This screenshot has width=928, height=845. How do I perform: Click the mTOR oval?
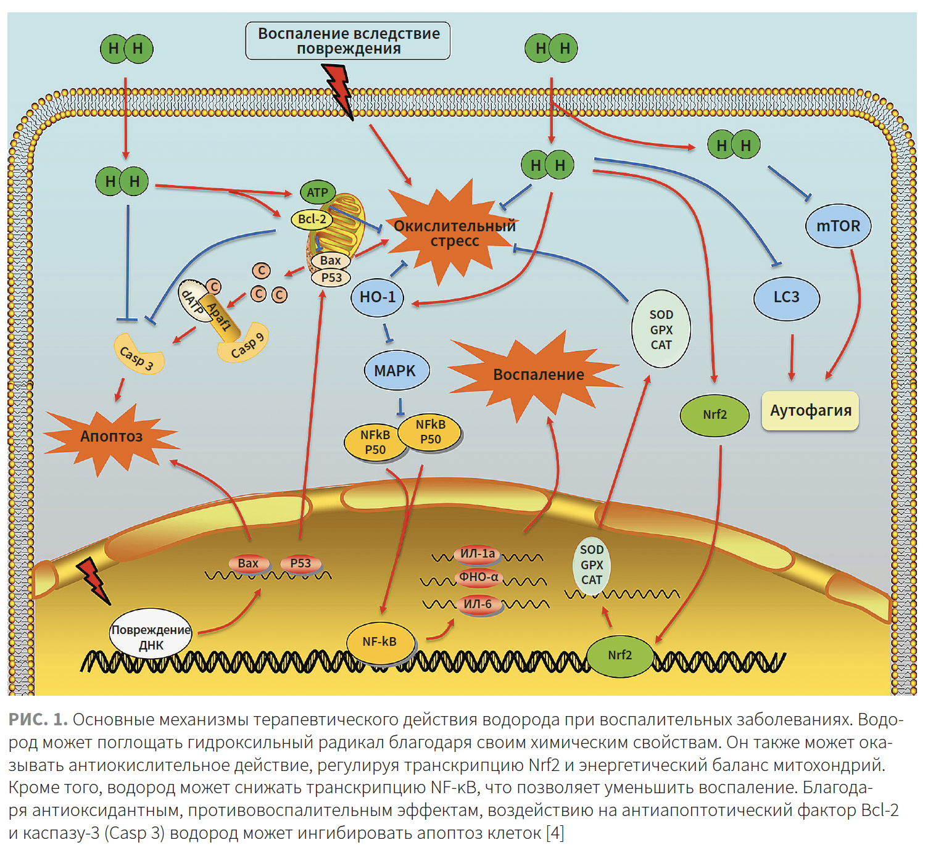click(838, 226)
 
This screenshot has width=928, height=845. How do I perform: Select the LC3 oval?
click(787, 297)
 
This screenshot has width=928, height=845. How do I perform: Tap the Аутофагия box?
click(810, 411)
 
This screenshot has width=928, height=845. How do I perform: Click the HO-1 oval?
click(377, 297)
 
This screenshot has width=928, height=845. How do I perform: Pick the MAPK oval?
click(395, 371)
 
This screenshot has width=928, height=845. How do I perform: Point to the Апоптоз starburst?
click(111, 437)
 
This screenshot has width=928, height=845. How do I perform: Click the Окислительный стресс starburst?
click(454, 233)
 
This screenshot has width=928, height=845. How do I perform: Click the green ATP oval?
click(317, 192)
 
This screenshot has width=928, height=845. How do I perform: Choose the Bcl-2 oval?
click(312, 219)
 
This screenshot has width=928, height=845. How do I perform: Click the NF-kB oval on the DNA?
click(379, 642)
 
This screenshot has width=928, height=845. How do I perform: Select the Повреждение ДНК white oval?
click(151, 637)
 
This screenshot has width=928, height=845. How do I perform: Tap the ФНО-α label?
click(479, 577)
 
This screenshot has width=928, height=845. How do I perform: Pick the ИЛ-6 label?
click(478, 604)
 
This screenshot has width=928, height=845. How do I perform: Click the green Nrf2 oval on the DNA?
click(619, 655)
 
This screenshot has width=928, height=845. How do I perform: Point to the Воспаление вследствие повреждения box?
click(348, 41)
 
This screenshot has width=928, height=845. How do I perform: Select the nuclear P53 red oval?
click(300, 563)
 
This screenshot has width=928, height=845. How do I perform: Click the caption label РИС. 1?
click(38, 719)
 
